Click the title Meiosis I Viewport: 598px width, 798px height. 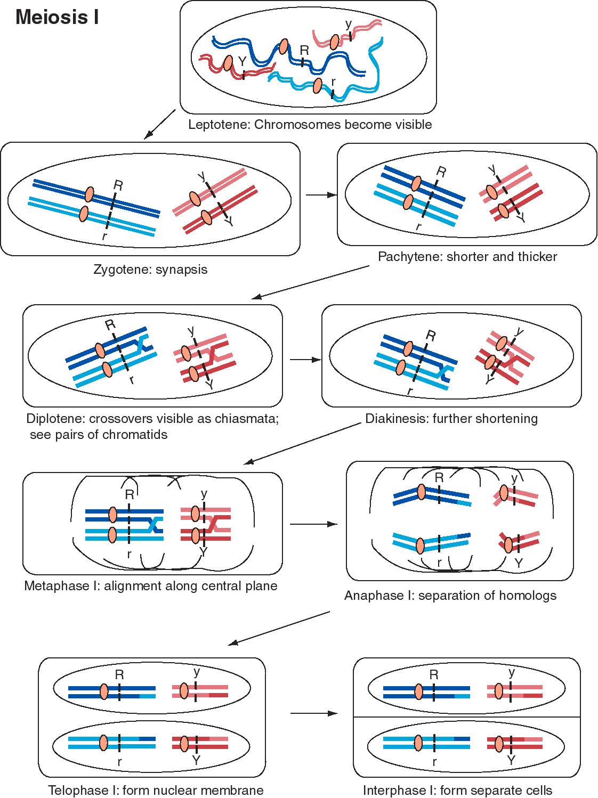pos(57,17)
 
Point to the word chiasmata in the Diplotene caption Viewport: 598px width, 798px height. pos(247,419)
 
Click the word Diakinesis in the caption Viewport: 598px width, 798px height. pos(396,419)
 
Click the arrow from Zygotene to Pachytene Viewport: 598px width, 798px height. pos(321,195)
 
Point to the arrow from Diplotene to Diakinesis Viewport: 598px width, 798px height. pos(305,360)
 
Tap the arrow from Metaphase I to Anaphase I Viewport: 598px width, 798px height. pos(313,524)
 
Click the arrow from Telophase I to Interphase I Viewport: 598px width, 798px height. pos(314,713)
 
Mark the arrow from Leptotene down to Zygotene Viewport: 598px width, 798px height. pos(160,124)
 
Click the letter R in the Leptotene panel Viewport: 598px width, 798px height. pos(304,51)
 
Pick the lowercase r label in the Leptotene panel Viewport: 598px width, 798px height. pos(333,83)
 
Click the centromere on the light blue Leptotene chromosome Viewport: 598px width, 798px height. pos(318,86)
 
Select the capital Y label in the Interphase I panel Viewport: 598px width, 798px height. pos(511,760)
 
